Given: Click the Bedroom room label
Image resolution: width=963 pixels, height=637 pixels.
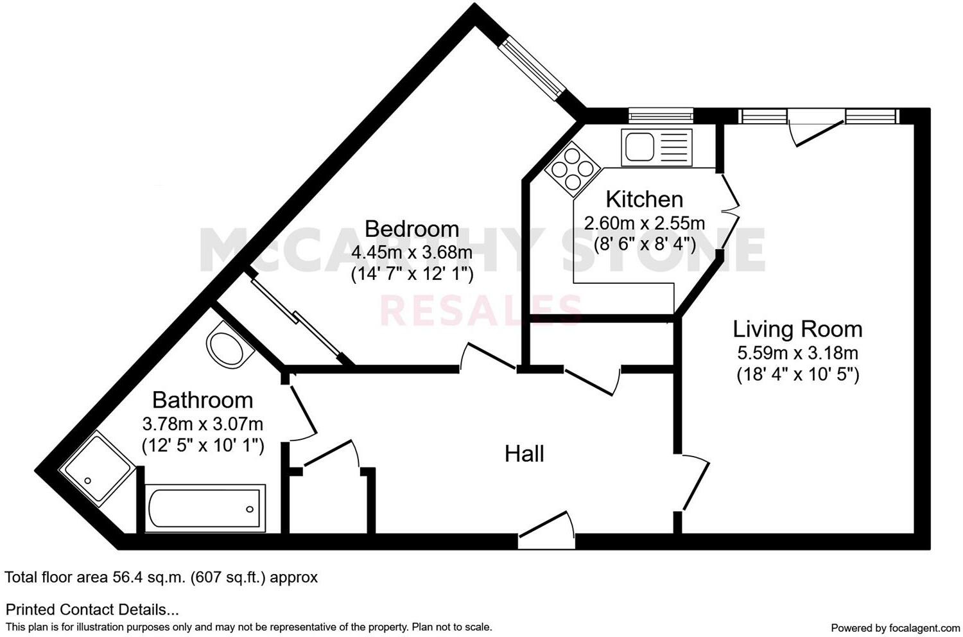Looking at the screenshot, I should click(x=412, y=229).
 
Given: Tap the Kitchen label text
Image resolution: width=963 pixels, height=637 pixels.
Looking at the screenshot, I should click(x=644, y=200).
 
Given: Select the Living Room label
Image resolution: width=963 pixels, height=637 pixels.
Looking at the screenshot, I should click(x=797, y=329).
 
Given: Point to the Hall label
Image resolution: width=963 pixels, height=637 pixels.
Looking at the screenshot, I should click(x=525, y=454).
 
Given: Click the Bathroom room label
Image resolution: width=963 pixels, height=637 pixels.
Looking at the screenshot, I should click(x=202, y=400).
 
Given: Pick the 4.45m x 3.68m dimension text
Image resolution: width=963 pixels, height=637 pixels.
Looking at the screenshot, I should click(x=412, y=252).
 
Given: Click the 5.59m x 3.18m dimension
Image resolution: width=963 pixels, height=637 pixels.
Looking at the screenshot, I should click(x=797, y=353).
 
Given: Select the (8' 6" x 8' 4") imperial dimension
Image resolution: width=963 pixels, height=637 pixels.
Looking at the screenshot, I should click(x=644, y=245).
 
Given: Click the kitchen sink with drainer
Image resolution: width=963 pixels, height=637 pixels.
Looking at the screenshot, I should click(x=655, y=147).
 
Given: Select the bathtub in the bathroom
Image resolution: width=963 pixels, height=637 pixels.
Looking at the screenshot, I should click(x=205, y=508).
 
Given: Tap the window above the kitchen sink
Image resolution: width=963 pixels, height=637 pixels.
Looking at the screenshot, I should click(x=661, y=116).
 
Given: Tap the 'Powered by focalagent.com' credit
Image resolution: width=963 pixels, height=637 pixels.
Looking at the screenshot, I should click(x=895, y=627).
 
